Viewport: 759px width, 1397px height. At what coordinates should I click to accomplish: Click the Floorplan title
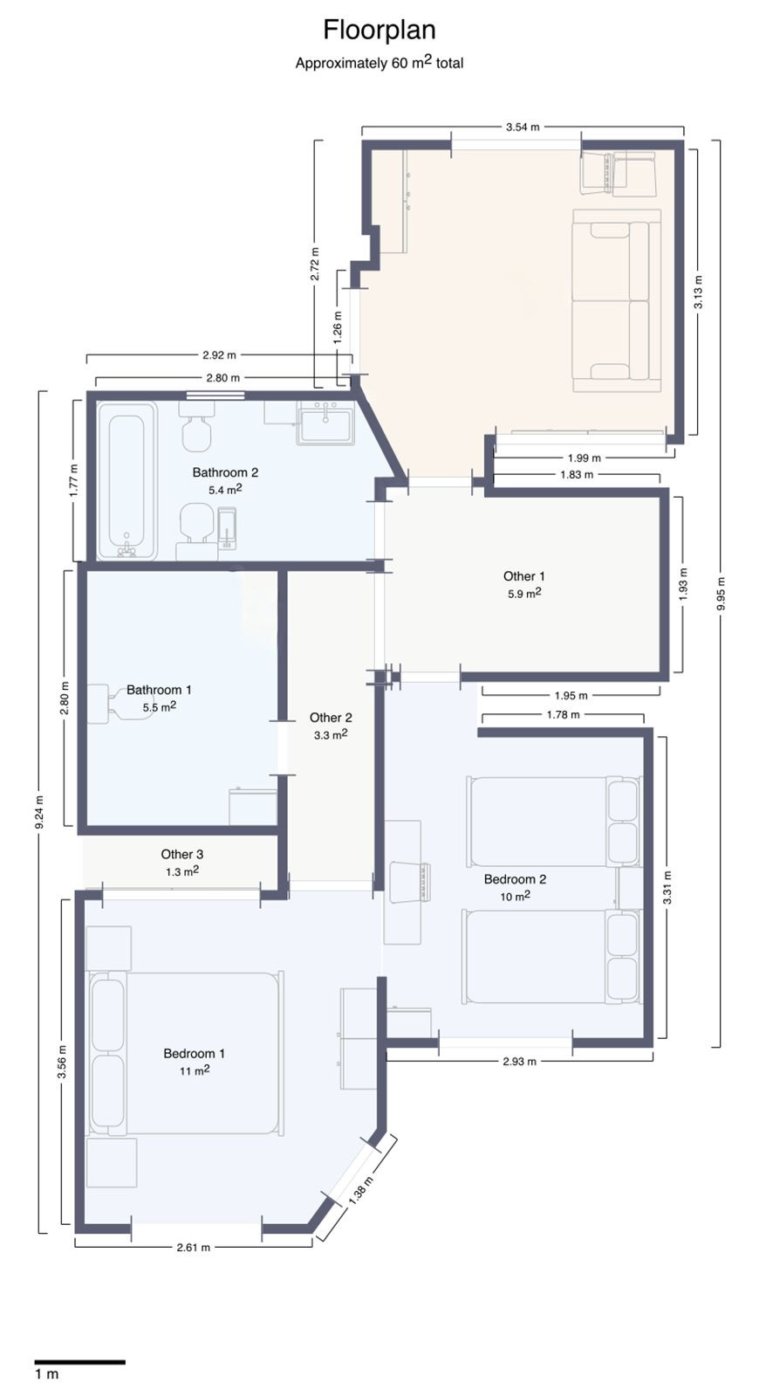(379, 30)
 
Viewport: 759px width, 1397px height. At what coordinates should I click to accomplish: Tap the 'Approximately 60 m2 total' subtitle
(379, 62)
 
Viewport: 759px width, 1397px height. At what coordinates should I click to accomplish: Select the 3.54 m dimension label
(522, 127)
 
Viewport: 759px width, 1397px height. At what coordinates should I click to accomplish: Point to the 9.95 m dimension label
(720, 593)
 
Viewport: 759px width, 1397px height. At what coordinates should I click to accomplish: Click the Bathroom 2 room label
(225, 472)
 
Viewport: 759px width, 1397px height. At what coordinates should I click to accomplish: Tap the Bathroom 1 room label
(159, 690)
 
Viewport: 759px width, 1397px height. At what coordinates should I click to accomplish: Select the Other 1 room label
(523, 576)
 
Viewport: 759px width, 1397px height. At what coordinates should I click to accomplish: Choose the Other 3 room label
(181, 854)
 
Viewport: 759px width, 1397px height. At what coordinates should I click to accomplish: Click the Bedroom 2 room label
(515, 879)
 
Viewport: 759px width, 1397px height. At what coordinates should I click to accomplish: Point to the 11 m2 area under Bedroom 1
(194, 1070)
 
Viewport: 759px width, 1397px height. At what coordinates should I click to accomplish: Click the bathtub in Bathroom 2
(126, 480)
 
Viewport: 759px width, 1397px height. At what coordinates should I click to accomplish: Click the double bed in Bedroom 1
(185, 1053)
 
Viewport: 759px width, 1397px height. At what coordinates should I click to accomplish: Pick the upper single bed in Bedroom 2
(553, 821)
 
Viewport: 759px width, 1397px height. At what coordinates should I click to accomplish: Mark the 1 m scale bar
(80, 1361)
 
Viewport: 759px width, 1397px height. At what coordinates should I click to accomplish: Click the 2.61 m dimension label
(193, 1247)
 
